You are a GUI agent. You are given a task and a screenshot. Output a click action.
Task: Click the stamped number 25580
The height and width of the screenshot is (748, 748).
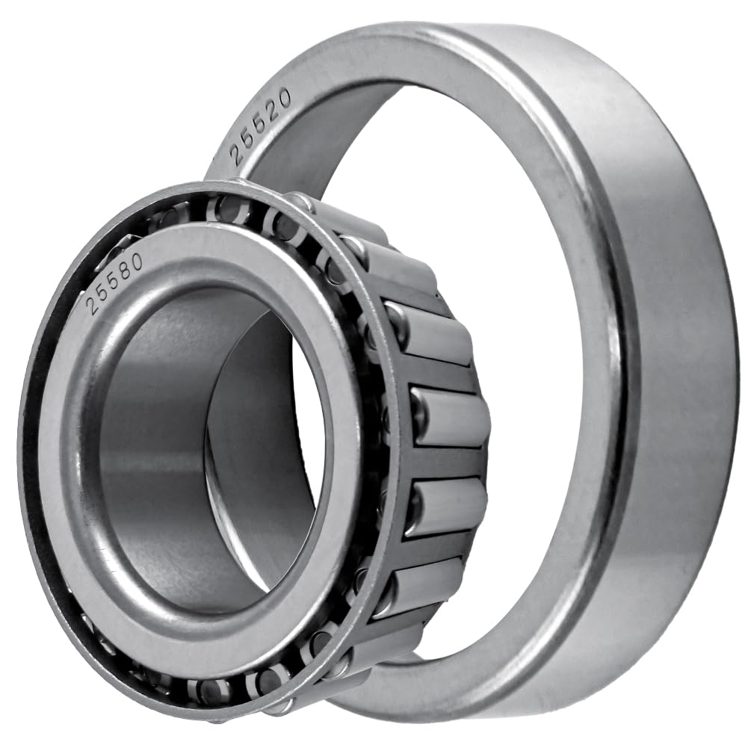(114, 283)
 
